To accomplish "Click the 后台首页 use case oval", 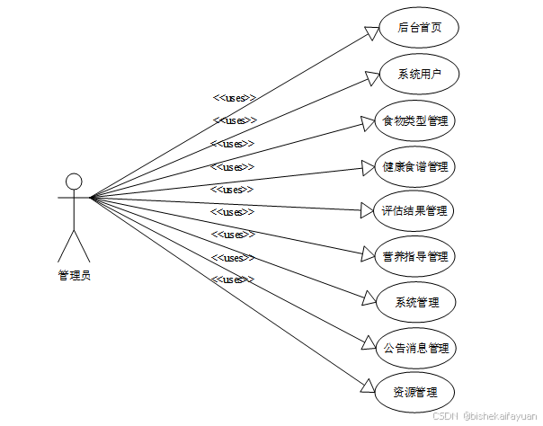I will click(418, 28).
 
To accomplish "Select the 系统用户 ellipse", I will click(418, 74).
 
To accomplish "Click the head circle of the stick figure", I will click(74, 181).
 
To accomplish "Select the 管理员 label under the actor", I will click(74, 276).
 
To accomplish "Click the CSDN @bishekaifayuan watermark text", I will click(485, 416).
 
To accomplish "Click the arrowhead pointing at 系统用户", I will click(371, 77).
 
